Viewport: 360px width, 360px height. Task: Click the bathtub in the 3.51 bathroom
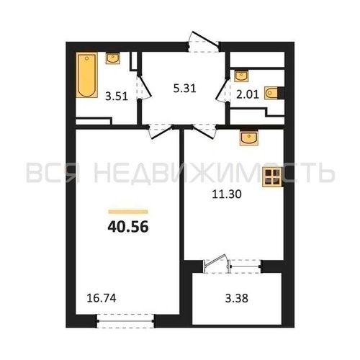[x=87, y=75]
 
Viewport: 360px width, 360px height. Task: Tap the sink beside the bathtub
[x=113, y=58]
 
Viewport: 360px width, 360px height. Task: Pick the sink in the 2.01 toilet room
[x=241, y=76]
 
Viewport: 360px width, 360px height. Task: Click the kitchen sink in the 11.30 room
[x=249, y=138]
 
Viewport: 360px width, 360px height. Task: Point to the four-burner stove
[x=272, y=177]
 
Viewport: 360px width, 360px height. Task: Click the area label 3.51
[x=117, y=96]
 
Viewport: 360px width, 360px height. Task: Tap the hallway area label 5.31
[x=185, y=89]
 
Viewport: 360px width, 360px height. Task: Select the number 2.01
[x=248, y=94]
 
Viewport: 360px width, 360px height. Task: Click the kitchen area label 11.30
[x=227, y=194]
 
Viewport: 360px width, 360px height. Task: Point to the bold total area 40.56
[x=128, y=227]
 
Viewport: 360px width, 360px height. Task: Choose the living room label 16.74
[x=102, y=298]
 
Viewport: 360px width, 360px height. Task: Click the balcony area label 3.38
[x=237, y=299]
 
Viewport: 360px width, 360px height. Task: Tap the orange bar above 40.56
[x=128, y=212]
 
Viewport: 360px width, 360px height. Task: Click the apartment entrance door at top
[x=204, y=42]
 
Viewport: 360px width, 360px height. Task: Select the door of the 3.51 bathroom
[x=144, y=88]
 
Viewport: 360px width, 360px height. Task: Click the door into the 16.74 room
[x=161, y=132]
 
